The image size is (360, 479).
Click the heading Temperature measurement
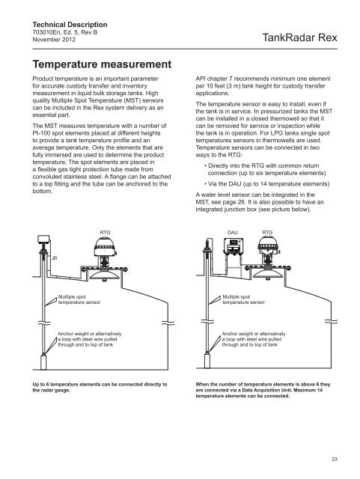point(102,64)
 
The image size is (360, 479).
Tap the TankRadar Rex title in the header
point(299,37)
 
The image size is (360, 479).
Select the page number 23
point(335,459)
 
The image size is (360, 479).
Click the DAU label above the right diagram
point(233,233)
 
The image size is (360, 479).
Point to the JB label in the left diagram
point(54,258)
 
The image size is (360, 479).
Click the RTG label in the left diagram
point(105,233)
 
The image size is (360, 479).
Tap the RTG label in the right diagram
point(267,233)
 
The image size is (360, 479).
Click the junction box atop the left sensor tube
point(43,239)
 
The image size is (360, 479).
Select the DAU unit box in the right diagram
point(233,246)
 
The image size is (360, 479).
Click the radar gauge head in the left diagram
point(105,247)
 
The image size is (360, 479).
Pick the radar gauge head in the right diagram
point(269,245)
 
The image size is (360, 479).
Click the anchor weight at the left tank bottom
point(43,361)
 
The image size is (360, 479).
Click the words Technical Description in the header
point(70,25)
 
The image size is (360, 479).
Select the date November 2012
point(54,40)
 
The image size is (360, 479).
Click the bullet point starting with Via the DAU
point(266,184)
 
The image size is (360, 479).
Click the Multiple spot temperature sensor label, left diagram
point(79,299)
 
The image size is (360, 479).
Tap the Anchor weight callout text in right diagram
point(254,339)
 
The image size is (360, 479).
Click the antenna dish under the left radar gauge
point(105,275)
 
